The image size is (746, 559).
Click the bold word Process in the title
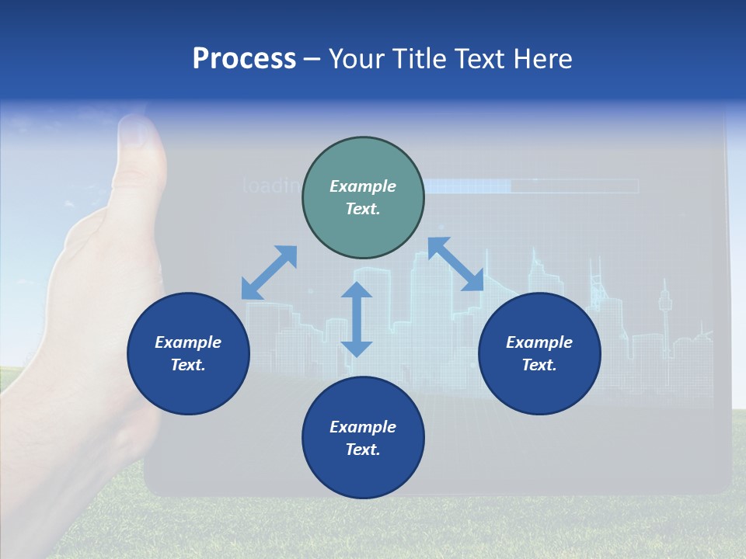pos(244,59)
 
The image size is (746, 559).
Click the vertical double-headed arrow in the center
pos(357,319)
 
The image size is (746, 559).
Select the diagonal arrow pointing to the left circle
pos(269,273)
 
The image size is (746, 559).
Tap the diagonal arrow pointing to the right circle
pos(455,264)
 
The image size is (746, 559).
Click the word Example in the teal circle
pos(363,186)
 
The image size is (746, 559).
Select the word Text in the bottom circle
pos(363,450)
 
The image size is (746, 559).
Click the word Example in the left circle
pos(188,342)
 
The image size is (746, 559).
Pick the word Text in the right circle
pos(539,365)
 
